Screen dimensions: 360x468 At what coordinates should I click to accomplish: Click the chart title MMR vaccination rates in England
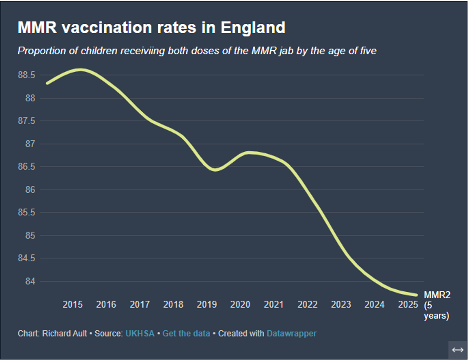(x=151, y=28)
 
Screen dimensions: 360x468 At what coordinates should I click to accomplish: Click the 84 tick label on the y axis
(x=30, y=281)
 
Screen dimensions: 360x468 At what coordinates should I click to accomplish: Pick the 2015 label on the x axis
(x=73, y=305)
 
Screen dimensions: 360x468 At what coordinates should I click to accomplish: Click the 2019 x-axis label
(x=207, y=305)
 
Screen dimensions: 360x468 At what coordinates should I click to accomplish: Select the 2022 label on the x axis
(x=308, y=305)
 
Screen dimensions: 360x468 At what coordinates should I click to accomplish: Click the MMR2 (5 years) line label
(x=437, y=305)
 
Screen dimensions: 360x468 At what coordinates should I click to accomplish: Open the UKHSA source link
(x=140, y=334)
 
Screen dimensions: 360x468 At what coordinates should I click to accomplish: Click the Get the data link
(x=186, y=334)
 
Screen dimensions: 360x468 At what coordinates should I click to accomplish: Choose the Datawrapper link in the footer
(x=291, y=334)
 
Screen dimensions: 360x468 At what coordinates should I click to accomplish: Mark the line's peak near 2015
(x=80, y=70)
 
